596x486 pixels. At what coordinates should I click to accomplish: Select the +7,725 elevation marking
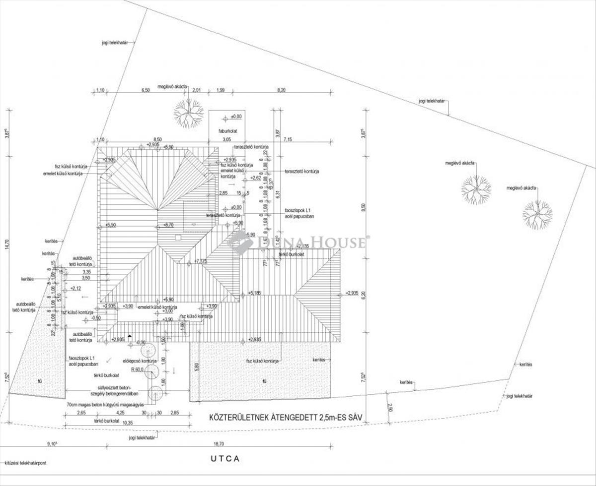[x=201, y=261]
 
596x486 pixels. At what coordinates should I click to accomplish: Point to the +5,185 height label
[x=254, y=293]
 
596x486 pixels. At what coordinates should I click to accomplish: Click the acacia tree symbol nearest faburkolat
[x=188, y=113]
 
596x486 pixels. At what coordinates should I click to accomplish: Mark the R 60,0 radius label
[x=137, y=370]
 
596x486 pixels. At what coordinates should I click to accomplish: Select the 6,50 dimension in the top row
[x=146, y=90]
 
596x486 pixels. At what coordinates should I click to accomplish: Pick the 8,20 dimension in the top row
[x=282, y=90]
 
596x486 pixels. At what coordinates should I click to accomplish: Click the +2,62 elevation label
[x=256, y=178]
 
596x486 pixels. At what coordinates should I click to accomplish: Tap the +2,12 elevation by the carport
[x=75, y=288]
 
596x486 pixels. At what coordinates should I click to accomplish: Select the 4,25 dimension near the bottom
[x=120, y=413]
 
